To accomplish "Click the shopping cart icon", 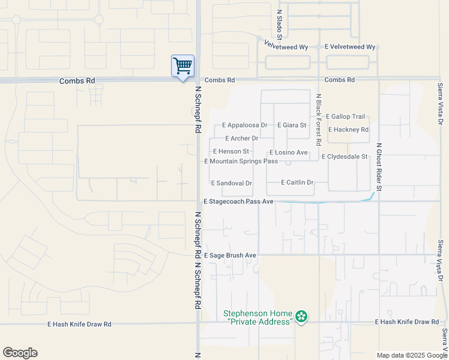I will pos(182,65).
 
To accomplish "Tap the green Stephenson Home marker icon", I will pos(301,316).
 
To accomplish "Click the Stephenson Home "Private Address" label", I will pos(258,317).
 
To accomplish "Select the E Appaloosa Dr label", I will pos(244,125).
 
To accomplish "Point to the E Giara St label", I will pos(292,125).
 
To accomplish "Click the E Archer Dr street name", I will pos(241,139).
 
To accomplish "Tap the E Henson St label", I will pos(231,152).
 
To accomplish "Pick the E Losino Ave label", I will pos(288,153).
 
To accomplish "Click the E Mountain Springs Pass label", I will pos(241,161).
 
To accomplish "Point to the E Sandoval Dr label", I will pos(231,183).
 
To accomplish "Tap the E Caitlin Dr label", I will pos(297,182).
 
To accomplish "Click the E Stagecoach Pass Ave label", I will pos(238,202).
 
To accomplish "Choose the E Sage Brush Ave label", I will pos(230,256).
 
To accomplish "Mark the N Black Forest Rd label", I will pos(319,119).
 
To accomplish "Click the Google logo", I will pos(20,353).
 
